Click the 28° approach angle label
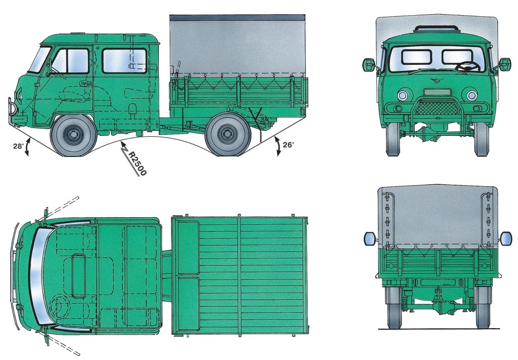tap(18, 146)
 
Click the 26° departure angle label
tap(288, 144)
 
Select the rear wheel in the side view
tap(228, 134)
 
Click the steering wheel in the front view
tap(468, 67)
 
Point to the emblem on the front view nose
tap(437, 80)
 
